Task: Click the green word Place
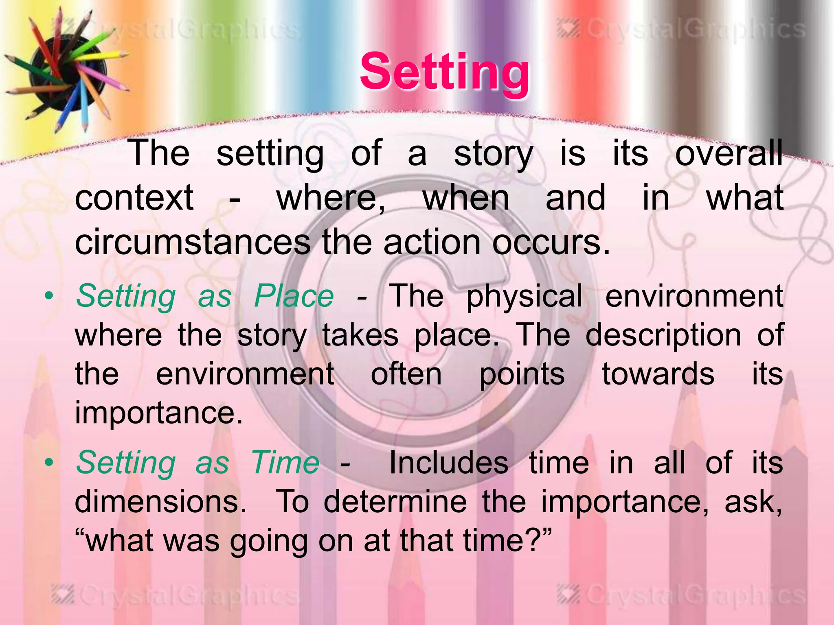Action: pos(294,296)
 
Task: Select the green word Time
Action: pos(285,463)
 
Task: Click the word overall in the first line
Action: pos(729,153)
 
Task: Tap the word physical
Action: pos(525,297)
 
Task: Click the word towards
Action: pos(658,374)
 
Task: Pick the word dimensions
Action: pos(161,502)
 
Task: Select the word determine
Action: pos(395,502)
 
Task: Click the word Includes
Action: pos(448,463)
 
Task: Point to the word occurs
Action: pos(551,243)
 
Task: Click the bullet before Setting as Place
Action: pos(49,296)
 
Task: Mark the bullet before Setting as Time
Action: pos(49,463)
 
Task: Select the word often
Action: pos(406,374)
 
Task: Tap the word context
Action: pos(134,198)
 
